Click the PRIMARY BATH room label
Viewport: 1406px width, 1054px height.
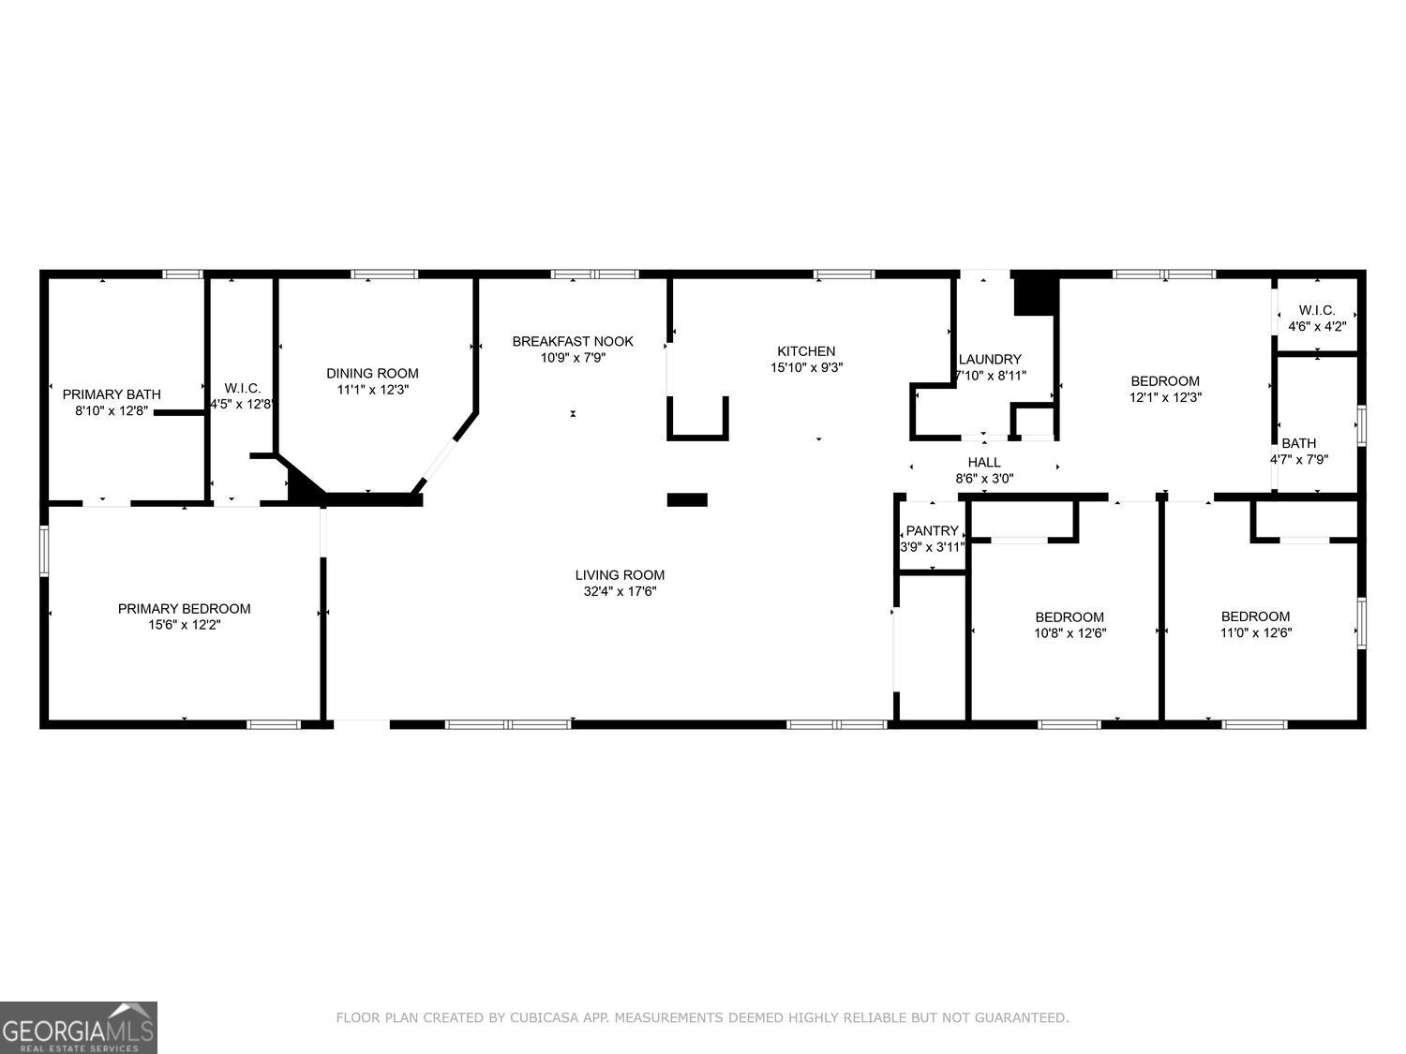point(112,394)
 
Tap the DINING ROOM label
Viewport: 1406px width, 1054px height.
point(372,373)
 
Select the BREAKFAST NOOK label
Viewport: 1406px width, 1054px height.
point(573,341)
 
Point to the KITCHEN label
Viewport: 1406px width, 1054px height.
point(806,351)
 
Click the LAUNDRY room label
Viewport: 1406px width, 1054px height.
point(990,359)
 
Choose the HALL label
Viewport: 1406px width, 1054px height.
point(984,462)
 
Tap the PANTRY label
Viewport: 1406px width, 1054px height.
point(932,531)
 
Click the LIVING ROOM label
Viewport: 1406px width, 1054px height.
point(620,575)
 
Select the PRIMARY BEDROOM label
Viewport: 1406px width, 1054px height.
point(184,609)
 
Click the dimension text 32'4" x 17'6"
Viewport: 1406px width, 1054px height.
point(620,592)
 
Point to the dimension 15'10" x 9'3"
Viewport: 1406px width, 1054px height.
point(806,368)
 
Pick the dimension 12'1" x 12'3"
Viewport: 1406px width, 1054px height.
point(1165,397)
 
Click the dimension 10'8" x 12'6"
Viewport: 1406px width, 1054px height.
point(1069,633)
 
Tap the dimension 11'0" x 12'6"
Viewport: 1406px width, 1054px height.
point(1255,632)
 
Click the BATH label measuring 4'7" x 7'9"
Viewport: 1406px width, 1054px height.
point(1299,443)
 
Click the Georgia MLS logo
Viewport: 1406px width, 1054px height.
point(79,1028)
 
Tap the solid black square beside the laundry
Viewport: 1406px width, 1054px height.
point(1036,294)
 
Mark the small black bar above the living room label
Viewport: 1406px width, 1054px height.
point(687,499)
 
